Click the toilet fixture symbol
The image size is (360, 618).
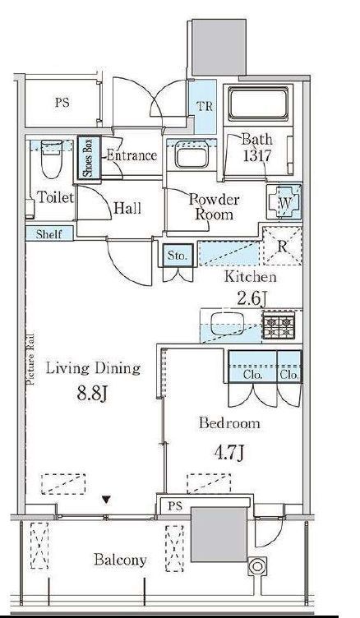[x=52, y=159]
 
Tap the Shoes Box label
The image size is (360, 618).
[x=88, y=158]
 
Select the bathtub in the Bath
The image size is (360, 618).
[x=258, y=104]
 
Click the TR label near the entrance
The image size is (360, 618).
[x=205, y=106]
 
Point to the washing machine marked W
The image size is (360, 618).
[x=284, y=203]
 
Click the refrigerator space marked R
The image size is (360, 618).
[x=282, y=246]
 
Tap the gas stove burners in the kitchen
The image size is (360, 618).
[x=279, y=326]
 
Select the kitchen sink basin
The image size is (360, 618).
[x=226, y=324]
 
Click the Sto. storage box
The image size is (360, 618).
[x=177, y=256]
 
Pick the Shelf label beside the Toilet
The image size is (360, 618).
[x=49, y=234]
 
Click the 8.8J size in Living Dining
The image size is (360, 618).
[x=92, y=394]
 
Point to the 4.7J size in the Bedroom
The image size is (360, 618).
[x=228, y=453]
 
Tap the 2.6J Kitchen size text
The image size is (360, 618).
[x=251, y=298]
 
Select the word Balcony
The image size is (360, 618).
[x=120, y=560]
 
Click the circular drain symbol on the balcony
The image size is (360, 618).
[x=257, y=567]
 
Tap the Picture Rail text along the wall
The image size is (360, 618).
[x=30, y=359]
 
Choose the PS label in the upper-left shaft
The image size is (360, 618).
[x=62, y=103]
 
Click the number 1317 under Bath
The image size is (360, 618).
[x=256, y=156]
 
